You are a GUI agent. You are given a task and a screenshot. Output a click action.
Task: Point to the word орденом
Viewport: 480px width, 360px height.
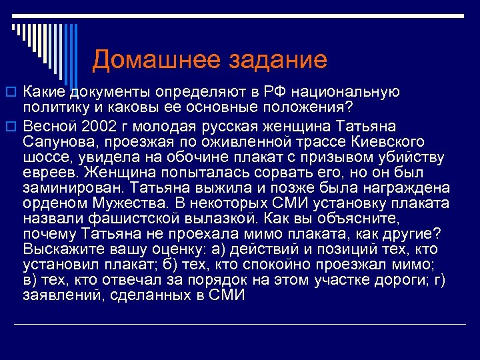[x=51, y=203]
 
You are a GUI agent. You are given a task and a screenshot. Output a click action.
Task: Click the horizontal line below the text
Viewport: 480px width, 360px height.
[x=240, y=324]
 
